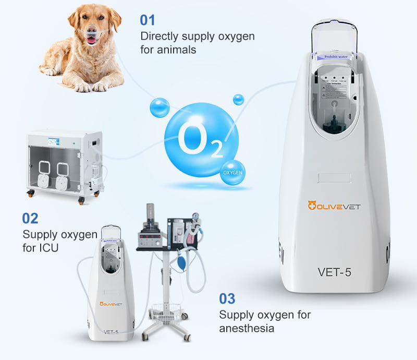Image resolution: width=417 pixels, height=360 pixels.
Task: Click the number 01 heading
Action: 148,20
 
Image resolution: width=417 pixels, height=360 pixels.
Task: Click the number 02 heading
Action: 30,218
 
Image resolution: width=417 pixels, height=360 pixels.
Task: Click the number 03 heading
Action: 227,299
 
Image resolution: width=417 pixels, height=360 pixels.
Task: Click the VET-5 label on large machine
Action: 334,272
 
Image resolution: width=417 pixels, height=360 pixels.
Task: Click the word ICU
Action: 48,247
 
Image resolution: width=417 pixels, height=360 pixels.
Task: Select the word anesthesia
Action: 247,328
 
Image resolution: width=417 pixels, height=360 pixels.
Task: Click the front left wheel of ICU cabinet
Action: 31,194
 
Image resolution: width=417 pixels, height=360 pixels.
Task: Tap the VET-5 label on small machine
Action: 111,331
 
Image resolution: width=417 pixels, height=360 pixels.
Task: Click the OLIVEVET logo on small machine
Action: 111,303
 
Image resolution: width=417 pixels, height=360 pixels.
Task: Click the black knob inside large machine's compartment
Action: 332,126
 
